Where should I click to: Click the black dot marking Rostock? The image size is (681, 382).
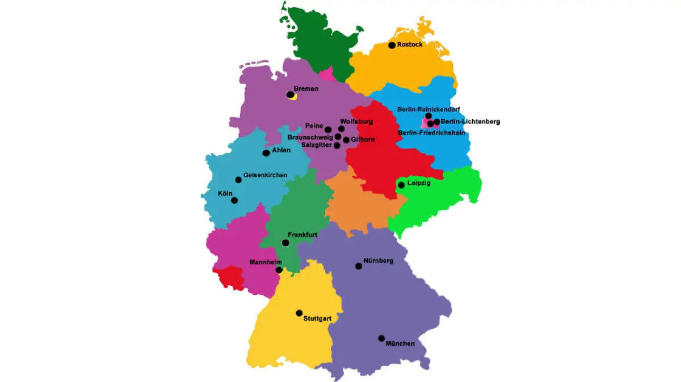392,45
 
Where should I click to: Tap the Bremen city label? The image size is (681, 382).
306,89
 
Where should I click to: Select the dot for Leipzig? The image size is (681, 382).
401,185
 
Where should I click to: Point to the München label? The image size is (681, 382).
400,343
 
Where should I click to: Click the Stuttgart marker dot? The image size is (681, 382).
299,313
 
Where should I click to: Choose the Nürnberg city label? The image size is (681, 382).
378,261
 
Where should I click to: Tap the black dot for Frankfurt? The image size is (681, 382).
285,243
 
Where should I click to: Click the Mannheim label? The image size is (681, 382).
265,262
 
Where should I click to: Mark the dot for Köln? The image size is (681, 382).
234,200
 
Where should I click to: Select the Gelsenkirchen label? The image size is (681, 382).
265,175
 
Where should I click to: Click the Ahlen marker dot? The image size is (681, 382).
266,153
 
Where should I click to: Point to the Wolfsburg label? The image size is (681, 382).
356,121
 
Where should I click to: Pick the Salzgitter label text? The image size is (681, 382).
317,146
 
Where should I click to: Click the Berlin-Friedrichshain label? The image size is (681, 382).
431,133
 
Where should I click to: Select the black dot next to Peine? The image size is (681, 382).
328,130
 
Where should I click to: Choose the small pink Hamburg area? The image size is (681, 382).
327,74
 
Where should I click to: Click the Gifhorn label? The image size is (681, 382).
363,139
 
